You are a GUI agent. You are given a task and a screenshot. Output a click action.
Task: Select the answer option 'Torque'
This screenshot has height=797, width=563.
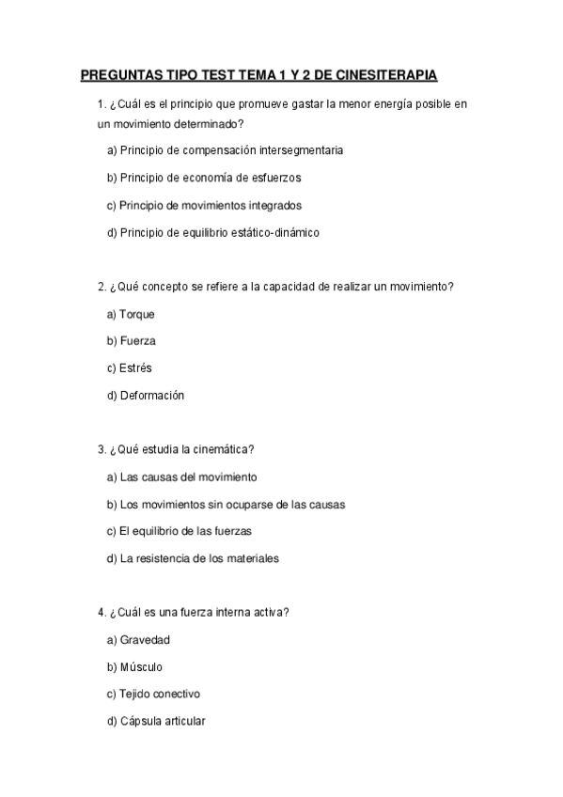pos(136,314)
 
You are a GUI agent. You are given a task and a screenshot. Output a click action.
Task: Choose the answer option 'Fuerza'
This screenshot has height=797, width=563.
pos(137,341)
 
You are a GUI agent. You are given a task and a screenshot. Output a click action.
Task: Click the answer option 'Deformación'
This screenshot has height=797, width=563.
pos(151,396)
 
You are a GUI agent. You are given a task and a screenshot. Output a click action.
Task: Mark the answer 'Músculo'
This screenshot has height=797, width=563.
pos(141,667)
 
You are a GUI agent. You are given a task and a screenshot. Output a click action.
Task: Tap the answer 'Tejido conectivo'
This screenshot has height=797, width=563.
pos(160,695)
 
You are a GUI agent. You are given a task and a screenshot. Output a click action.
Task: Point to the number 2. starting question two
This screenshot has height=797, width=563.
pos(102,287)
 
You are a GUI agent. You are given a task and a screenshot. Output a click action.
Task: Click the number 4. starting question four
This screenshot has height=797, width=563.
pos(102,613)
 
